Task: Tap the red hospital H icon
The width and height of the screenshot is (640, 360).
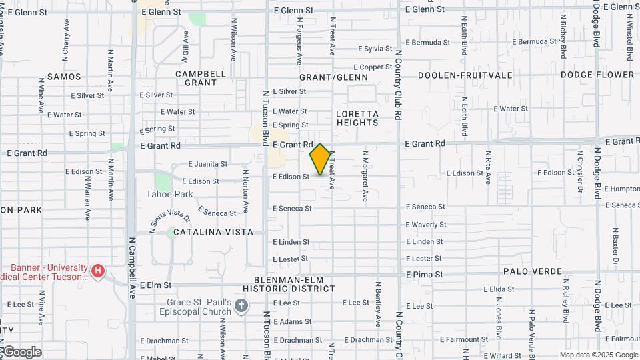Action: click(98, 271)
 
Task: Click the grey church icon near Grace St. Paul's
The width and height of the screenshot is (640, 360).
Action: click(241, 306)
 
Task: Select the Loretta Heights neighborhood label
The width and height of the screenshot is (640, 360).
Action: click(357, 118)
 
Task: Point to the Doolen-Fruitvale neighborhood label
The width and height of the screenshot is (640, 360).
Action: click(465, 75)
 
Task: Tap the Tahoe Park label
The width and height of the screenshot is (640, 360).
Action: click(169, 194)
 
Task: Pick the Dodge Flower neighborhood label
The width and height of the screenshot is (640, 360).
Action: click(597, 75)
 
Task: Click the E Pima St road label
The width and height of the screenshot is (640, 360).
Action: click(425, 274)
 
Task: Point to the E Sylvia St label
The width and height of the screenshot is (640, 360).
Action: click(375, 49)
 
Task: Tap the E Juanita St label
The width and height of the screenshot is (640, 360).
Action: click(207, 163)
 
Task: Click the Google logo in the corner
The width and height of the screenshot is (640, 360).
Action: click(21, 351)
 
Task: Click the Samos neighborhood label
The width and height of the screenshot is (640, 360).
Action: click(64, 77)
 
